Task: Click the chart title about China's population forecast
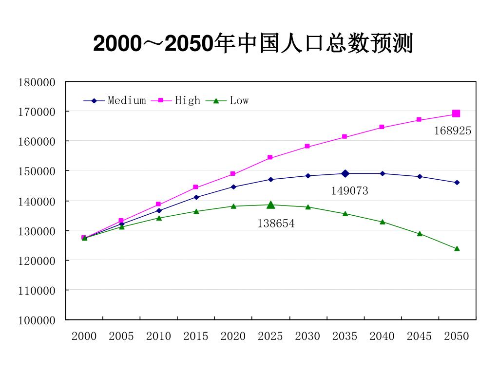[x=253, y=44]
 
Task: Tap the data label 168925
[x=453, y=131]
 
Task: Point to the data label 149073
[x=349, y=191]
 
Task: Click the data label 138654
[x=276, y=224]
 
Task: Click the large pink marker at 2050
[x=456, y=113]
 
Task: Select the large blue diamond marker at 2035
[x=345, y=173]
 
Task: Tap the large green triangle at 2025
[x=270, y=205]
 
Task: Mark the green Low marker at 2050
[x=457, y=248]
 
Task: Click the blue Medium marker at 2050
[x=457, y=183]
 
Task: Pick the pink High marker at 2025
[x=270, y=158]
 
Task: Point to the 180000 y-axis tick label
[x=37, y=82]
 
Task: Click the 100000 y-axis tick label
[x=37, y=320]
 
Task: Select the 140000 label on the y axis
[x=37, y=201]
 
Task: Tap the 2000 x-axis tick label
[x=84, y=336]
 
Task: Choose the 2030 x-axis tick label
[x=307, y=336]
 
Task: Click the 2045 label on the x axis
[x=419, y=336]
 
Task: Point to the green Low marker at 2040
[x=382, y=222]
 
